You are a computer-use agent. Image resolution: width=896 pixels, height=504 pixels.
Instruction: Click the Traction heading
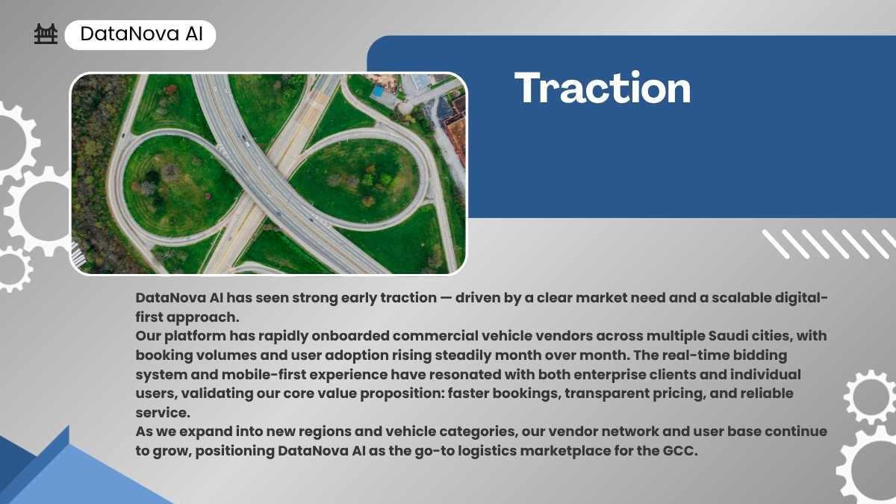coord(603,87)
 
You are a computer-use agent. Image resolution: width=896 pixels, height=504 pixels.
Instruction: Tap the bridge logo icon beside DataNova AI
coord(46,34)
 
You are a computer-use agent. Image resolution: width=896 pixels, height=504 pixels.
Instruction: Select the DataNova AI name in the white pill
coord(142,34)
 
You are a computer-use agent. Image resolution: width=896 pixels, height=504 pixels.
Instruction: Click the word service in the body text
coord(163,412)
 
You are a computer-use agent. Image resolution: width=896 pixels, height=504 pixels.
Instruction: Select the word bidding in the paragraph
coord(761,355)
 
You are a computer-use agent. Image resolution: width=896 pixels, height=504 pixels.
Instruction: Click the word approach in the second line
coord(203,317)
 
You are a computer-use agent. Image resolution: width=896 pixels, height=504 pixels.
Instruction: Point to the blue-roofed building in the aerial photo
coord(377,92)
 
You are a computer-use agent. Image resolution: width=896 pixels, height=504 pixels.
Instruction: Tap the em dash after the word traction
coord(446,298)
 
